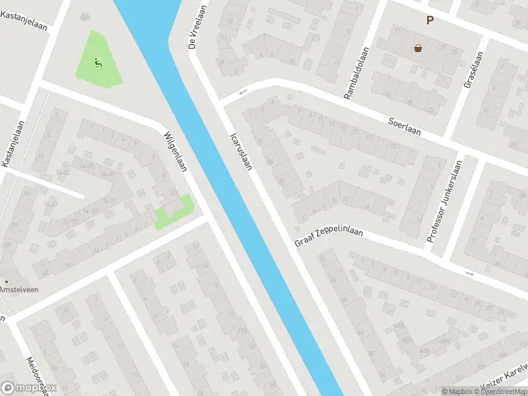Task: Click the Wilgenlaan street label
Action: pos(176,151)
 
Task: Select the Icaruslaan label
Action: pos(241,152)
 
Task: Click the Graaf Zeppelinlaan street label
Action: pos(329,237)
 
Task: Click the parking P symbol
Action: pos(430,20)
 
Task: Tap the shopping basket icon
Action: pos(418,48)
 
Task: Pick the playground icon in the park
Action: pos(98,63)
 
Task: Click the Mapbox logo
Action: pos(29,387)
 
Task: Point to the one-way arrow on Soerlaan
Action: pos(243,92)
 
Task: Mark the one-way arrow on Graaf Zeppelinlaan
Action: pos(469,273)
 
